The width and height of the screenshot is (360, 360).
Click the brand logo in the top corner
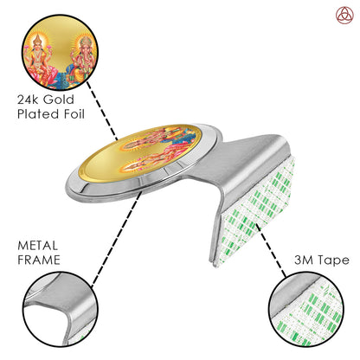[344, 16]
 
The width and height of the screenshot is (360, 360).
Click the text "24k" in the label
[28, 100]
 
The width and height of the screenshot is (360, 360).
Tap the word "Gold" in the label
[59, 100]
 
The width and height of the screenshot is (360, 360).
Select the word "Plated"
[38, 114]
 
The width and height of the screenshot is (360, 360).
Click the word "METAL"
[37, 246]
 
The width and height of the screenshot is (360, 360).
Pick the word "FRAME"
[39, 260]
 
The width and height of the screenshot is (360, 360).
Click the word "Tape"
[335, 260]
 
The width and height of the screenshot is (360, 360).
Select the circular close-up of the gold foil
[60, 53]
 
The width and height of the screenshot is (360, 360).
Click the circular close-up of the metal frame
[60, 309]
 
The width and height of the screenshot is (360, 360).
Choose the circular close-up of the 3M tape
[305, 310]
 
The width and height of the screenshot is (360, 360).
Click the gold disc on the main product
[140, 153]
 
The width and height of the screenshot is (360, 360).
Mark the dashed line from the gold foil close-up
[102, 110]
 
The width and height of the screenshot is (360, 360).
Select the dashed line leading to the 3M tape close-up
[271, 251]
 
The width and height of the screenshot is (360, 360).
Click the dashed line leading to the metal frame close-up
[116, 239]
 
